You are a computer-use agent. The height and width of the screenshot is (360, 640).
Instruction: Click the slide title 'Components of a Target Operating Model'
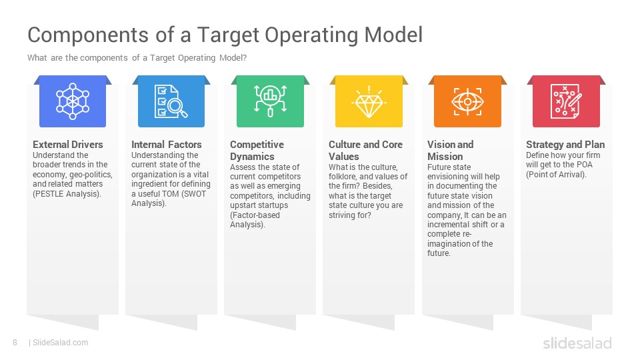[225, 35]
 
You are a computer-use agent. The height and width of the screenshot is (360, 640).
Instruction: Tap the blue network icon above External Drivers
[73, 101]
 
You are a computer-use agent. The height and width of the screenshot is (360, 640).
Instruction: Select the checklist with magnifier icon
[171, 101]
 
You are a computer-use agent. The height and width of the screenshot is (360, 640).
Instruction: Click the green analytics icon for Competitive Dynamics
[270, 101]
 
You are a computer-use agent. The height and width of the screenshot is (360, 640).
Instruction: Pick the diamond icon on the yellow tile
[369, 102]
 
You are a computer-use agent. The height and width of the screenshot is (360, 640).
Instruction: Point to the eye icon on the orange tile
[467, 101]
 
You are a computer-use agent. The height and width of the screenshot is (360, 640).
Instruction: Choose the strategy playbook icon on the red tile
[566, 101]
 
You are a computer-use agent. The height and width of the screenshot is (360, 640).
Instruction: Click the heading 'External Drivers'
[68, 145]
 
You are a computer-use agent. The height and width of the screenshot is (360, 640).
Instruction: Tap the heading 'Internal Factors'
[167, 145]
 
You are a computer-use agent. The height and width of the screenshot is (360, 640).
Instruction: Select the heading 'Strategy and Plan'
[565, 145]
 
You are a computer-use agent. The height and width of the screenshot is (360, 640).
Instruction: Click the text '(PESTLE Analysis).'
[67, 194]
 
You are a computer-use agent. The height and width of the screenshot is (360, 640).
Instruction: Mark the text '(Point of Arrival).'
[556, 175]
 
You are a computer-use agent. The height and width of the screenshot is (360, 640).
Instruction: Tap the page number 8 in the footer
[15, 343]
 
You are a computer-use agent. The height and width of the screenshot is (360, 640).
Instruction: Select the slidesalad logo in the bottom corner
[577, 343]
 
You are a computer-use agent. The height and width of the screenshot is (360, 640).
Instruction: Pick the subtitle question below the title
[137, 58]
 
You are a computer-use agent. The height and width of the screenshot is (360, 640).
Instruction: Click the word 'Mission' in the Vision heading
[445, 157]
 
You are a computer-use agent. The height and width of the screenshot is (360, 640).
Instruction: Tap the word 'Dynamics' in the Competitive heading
[252, 157]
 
